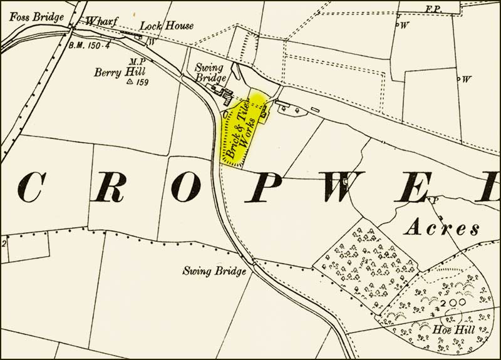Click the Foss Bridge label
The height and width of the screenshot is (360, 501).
(x=37, y=17)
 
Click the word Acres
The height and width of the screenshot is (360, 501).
(x=442, y=227)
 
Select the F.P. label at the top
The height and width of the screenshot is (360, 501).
(x=430, y=9)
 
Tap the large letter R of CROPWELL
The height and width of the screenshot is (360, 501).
(x=108, y=187)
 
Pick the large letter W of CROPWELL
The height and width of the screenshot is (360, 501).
(x=343, y=187)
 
